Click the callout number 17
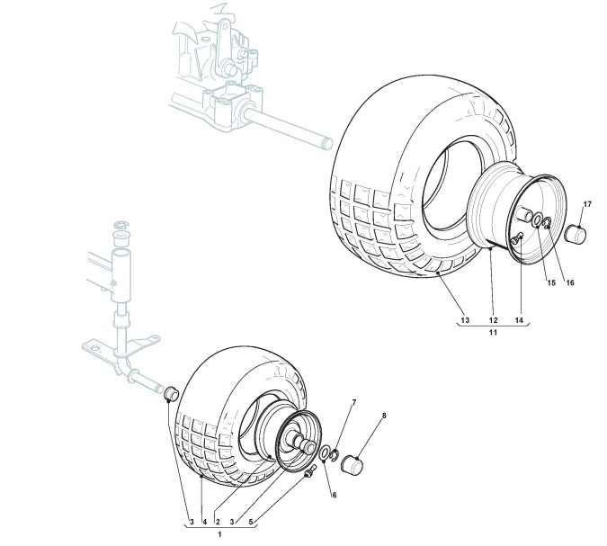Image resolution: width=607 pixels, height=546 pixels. (586, 205)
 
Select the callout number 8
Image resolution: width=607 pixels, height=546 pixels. (384, 416)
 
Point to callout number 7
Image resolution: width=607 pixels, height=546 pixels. (353, 401)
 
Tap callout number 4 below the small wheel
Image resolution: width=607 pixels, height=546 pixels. (203, 520)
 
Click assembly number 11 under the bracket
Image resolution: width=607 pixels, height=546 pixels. (493, 333)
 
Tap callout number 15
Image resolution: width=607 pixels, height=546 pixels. (552, 283)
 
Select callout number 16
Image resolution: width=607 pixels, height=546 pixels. (570, 283)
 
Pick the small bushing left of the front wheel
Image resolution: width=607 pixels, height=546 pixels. (169, 393)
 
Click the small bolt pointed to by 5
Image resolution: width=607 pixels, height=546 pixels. (311, 472)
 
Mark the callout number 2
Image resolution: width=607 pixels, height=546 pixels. (217, 520)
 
